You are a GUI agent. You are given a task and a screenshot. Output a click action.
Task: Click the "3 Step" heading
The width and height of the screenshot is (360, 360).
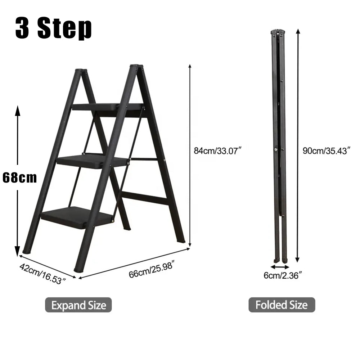click(x=54, y=28)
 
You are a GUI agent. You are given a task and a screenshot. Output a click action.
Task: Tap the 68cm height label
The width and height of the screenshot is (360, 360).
click(x=19, y=178)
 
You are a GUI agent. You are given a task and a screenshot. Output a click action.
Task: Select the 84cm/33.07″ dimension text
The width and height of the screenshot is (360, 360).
click(x=218, y=151)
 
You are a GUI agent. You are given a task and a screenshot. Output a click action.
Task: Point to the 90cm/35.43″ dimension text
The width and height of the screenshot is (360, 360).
click(x=327, y=150)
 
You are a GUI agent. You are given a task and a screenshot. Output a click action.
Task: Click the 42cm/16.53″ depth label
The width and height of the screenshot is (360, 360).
click(x=43, y=274)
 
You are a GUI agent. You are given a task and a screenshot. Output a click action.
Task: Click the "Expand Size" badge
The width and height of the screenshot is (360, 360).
click(x=78, y=305)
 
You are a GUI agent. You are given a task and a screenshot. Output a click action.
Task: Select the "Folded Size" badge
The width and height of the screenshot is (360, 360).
click(x=282, y=305)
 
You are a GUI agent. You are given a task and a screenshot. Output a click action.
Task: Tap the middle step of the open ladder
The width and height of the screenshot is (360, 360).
click(x=92, y=160)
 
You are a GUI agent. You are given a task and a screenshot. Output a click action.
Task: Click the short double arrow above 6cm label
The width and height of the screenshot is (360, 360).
click(x=280, y=267)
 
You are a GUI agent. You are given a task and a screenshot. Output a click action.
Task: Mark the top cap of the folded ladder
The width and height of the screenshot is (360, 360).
click(x=278, y=32)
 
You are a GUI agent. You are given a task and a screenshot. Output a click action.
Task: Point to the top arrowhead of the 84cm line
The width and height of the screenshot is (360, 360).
click(x=190, y=67)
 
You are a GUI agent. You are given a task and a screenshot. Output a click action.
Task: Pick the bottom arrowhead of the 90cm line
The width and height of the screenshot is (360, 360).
click(x=297, y=260)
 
